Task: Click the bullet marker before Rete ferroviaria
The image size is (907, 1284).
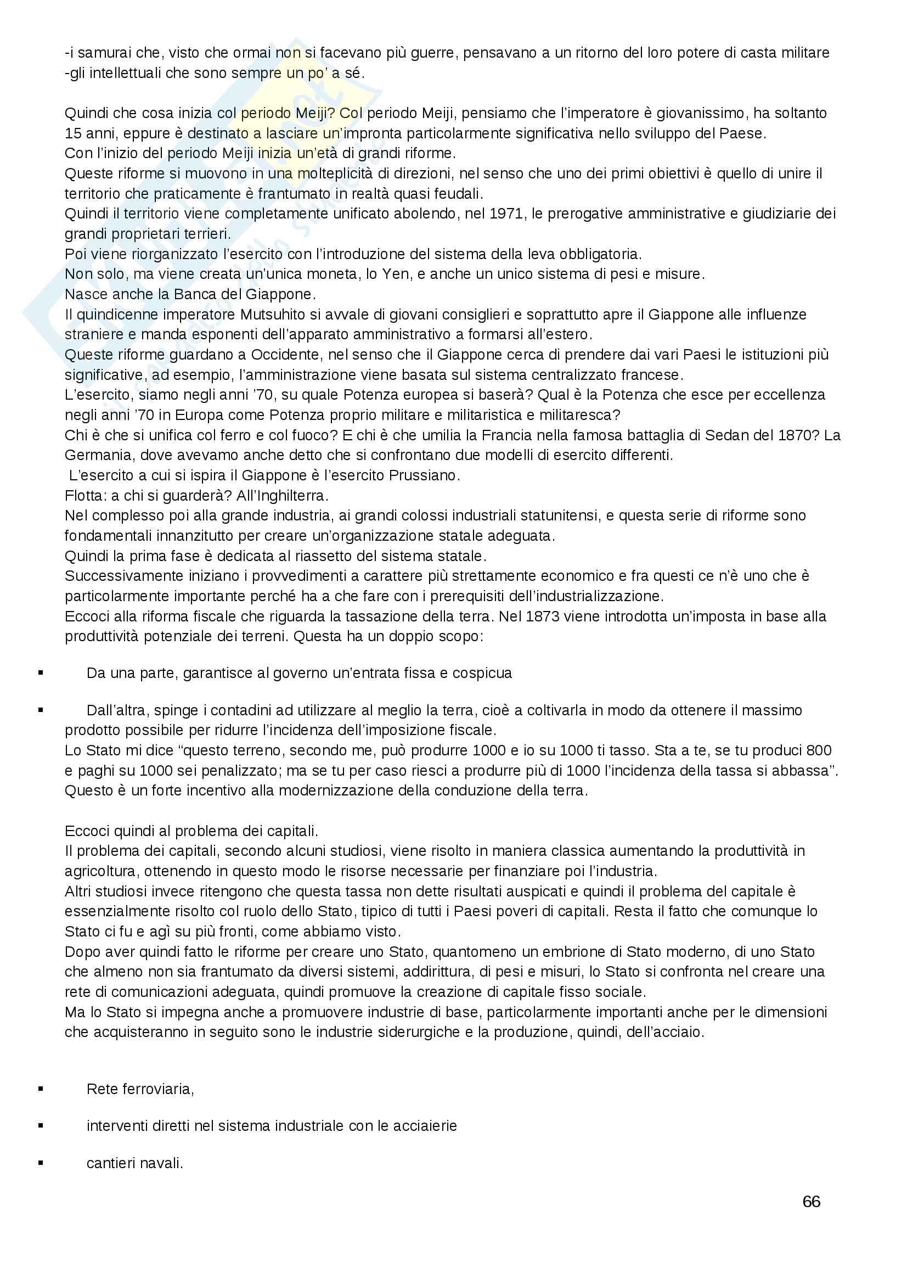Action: tap(41, 1089)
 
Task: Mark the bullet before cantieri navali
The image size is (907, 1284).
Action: tap(41, 1163)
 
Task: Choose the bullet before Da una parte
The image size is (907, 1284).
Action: tap(41, 673)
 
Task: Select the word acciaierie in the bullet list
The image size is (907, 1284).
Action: tap(425, 1126)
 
